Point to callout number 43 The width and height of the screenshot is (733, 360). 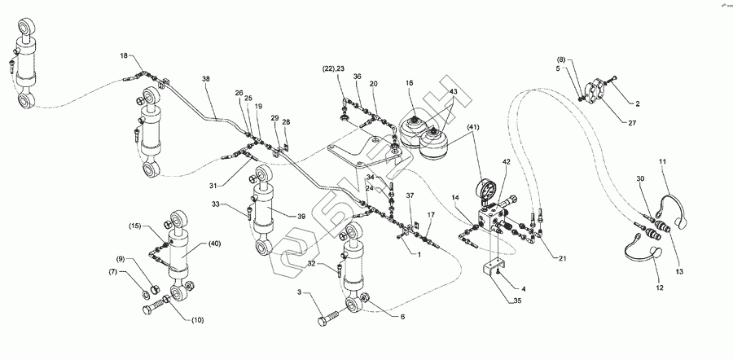coord(452,93)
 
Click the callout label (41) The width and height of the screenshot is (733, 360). coord(474,128)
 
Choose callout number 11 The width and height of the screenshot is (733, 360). coord(662,163)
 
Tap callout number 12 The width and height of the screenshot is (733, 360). coord(659,288)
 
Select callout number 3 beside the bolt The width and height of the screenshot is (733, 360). coord(300,291)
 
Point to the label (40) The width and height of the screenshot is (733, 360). coord(214,244)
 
